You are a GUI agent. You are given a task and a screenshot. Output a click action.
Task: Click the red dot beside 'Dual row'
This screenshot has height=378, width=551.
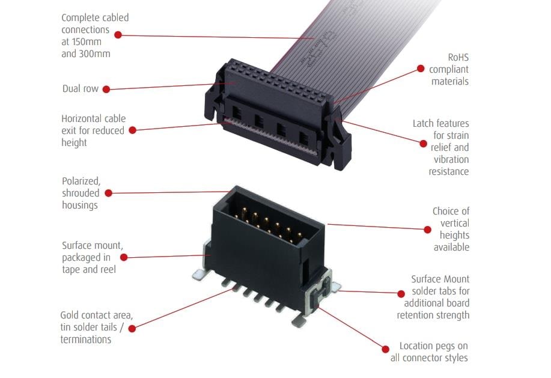coord(106,89)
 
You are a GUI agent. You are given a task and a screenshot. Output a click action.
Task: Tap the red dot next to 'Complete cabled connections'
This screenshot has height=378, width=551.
coord(118,35)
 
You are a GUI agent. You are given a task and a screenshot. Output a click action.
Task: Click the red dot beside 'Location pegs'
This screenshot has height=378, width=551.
coord(386,347)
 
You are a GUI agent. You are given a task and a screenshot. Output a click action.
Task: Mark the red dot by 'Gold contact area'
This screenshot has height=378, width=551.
coord(132,328)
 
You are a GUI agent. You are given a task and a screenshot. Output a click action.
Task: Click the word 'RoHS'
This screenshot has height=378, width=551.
coord(457,58)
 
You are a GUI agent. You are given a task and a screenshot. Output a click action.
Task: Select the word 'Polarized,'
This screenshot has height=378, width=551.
coord(81,181)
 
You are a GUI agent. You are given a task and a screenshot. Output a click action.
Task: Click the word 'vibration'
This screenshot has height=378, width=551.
coord(451,159)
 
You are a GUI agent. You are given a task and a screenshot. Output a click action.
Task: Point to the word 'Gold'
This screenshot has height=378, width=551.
coord(71,315)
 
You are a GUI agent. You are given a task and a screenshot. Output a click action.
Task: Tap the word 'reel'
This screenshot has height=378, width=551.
coord(106,269)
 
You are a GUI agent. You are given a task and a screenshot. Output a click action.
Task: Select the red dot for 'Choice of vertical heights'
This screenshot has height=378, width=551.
coord(428,229)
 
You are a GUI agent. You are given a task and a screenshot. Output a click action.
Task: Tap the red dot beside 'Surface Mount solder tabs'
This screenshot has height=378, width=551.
coord(401,293)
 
